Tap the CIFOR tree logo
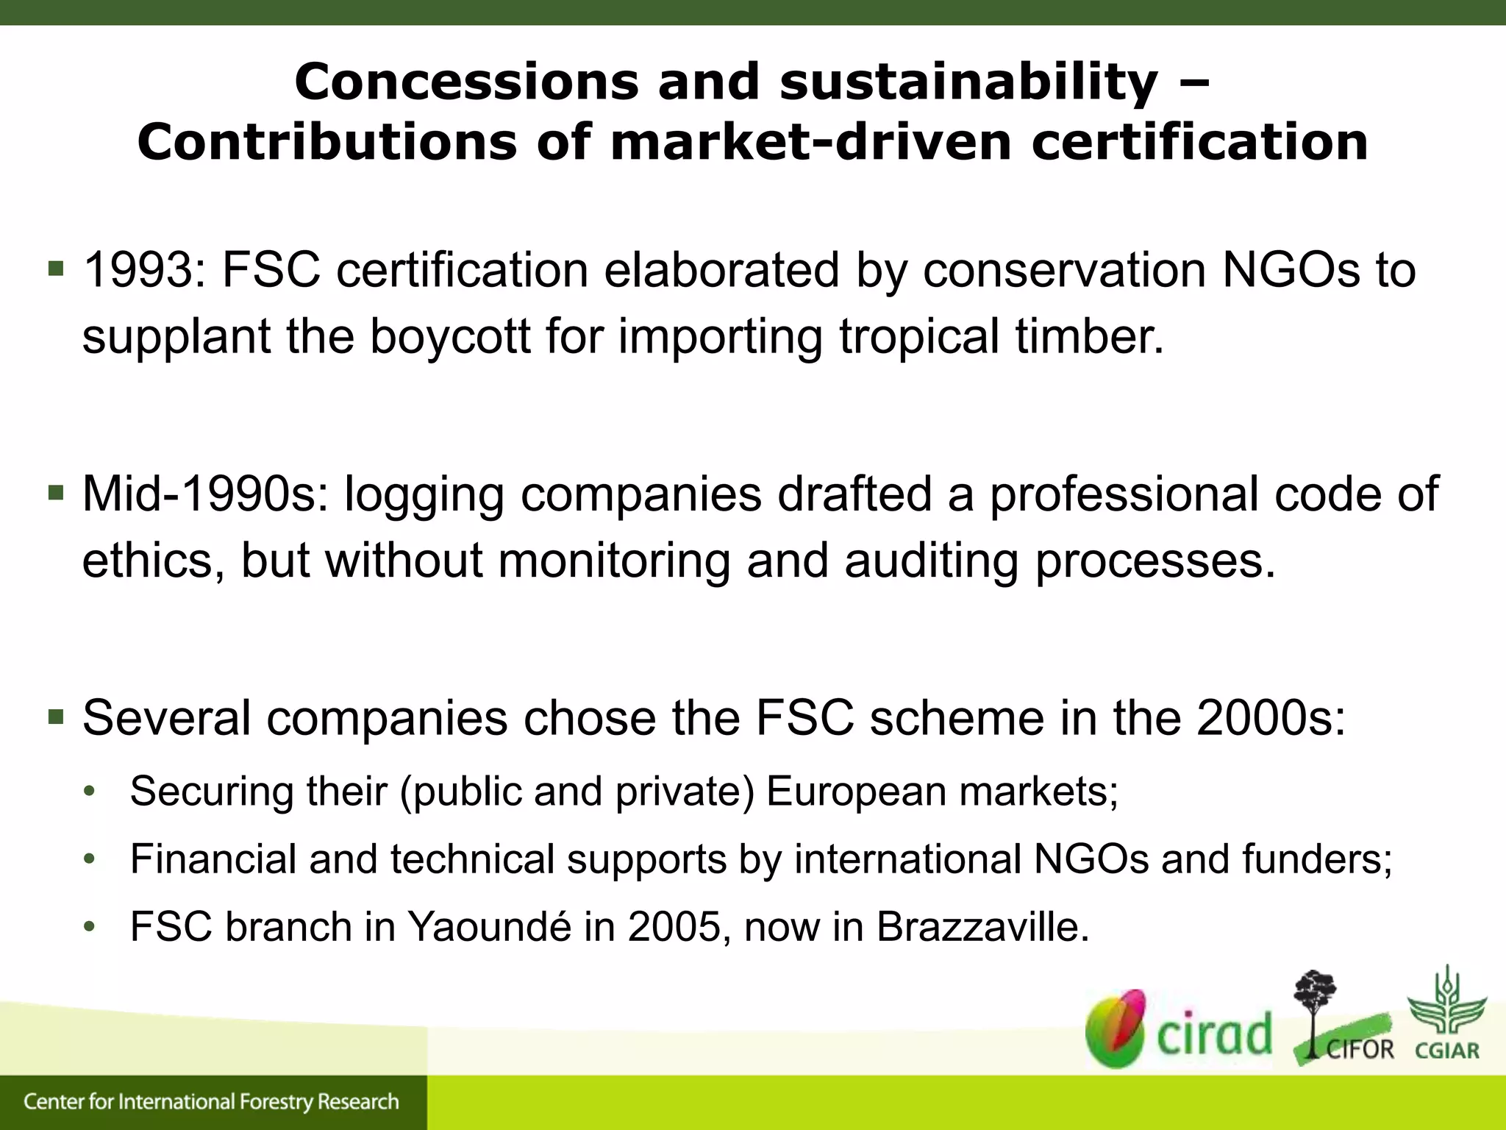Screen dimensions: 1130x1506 [1341, 1019]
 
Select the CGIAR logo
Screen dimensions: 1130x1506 [1446, 1014]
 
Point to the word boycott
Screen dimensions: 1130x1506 [449, 336]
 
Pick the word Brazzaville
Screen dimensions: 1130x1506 [982, 927]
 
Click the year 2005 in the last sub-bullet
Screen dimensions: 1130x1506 [674, 927]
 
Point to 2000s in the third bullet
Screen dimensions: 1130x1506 [1271, 718]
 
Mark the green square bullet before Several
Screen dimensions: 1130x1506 [56, 715]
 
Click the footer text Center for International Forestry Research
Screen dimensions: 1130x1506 [211, 1102]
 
